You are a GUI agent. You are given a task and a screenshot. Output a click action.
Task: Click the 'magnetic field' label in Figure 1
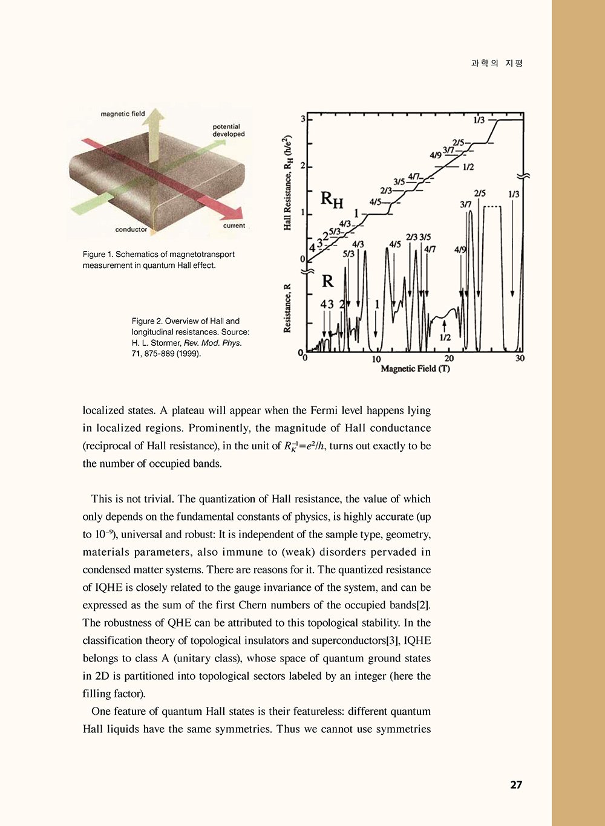click(x=123, y=114)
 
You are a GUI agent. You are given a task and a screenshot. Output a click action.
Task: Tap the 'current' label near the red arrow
click(x=234, y=226)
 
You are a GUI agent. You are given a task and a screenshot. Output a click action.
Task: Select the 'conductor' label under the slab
click(x=131, y=230)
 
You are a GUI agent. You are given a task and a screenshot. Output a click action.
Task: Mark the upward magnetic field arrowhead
click(x=156, y=115)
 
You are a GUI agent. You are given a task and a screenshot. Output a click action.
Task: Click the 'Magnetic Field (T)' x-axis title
click(x=415, y=368)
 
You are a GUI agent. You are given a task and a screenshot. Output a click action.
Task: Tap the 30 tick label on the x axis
click(x=520, y=359)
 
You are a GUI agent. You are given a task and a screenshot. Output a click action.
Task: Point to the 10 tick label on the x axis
click(x=376, y=359)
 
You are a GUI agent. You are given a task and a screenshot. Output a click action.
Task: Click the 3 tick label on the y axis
click(x=302, y=119)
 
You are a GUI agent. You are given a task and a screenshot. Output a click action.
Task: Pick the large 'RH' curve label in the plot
click(x=332, y=198)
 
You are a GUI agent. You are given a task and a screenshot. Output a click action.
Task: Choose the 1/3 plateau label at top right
click(x=479, y=120)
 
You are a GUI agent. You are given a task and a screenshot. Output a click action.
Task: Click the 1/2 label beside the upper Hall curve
click(x=468, y=167)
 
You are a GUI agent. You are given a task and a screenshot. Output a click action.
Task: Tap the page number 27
click(x=516, y=785)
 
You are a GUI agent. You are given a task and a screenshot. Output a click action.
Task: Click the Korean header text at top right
click(x=497, y=63)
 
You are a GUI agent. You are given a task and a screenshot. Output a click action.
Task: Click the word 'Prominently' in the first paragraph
click(x=220, y=428)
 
